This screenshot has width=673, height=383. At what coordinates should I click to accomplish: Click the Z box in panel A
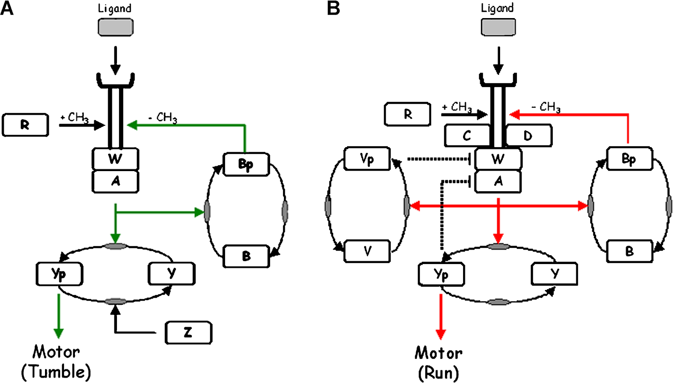coord(188,333)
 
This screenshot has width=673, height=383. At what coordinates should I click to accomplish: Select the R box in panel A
coord(25,125)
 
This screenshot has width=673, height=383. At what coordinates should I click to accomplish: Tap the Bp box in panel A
coord(246,164)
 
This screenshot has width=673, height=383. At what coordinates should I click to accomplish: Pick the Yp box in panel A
coord(59,274)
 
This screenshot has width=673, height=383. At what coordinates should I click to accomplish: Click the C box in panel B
coord(467,136)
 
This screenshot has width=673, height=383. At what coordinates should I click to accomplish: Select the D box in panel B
coord(528,136)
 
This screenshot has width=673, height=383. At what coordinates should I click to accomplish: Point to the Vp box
coord(367,159)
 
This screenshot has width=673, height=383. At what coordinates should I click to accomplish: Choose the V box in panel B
coord(367,251)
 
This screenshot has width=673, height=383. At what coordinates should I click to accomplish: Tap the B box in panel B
coord(629,251)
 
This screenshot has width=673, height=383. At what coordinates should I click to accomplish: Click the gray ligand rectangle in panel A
coord(116,28)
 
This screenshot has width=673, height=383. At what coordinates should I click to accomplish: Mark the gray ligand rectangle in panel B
coord(498,27)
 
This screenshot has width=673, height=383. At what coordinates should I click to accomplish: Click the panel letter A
coord(7,8)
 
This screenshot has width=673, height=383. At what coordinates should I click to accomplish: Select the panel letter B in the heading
coord(333,8)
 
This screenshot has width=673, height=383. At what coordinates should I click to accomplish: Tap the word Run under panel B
coord(438,373)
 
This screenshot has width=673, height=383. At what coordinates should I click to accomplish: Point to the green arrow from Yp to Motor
coord(58,315)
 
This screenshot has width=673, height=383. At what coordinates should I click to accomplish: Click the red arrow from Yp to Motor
coord(441,316)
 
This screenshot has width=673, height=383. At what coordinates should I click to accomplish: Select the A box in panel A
coord(115,181)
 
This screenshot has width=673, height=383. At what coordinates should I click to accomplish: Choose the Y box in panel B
coord(554,274)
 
